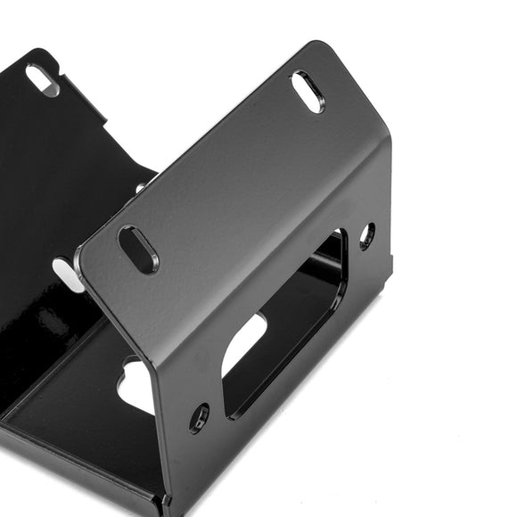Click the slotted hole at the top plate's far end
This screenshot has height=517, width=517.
tap(308, 92)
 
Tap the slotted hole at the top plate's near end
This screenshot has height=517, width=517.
tap(138, 250)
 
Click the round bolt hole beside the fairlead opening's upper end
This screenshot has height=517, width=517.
tap(366, 235)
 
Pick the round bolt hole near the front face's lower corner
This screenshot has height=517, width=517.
tap(199, 417)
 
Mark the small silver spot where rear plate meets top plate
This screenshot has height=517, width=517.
tap(140, 188)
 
